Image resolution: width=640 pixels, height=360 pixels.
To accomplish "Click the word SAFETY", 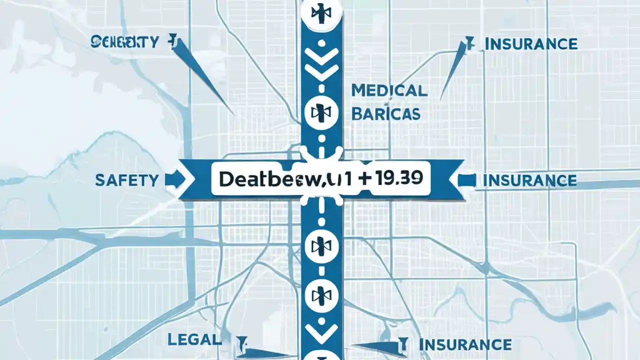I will (126, 180).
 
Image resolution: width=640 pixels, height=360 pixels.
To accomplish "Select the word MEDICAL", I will (389, 90).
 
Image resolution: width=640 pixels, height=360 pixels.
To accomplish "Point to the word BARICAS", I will (385, 113).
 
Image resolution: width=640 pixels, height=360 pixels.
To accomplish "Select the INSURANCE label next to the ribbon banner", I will (529, 180).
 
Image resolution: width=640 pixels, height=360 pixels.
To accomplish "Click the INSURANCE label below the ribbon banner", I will (464, 344).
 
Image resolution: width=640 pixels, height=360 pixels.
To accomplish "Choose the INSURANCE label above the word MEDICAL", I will (531, 44).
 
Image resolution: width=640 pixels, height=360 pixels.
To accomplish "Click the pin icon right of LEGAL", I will (242, 343).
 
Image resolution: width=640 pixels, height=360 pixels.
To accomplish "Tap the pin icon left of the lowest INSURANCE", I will (400, 344).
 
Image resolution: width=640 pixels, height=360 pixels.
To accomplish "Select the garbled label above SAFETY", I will (124, 42).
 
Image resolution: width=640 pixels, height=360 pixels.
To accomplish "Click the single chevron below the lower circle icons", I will (321, 331).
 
